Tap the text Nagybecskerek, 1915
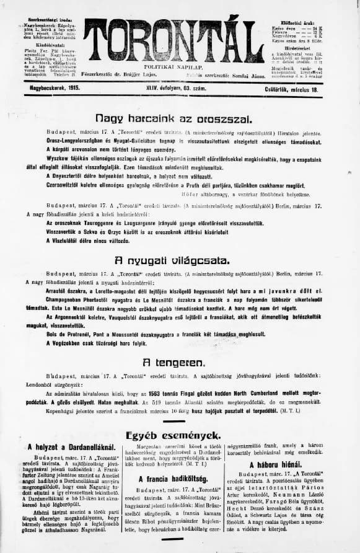pos(50,89)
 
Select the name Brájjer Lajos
pos(156,74)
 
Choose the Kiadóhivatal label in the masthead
pos(47,45)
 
